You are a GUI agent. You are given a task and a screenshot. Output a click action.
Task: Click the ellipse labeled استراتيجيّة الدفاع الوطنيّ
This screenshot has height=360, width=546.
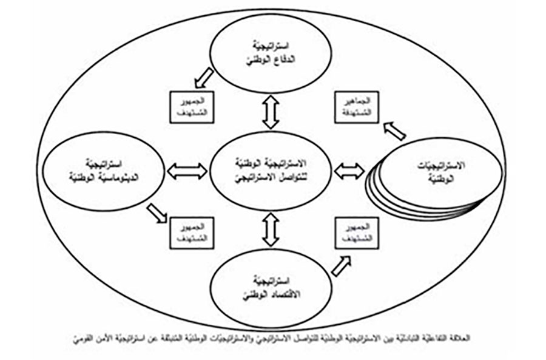271,54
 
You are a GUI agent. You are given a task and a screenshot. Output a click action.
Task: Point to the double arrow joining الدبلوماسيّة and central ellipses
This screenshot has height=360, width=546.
186,171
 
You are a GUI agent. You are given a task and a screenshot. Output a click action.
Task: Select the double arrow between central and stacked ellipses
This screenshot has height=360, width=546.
350,171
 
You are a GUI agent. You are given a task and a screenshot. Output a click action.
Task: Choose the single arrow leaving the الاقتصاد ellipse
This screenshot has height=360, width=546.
342,265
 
